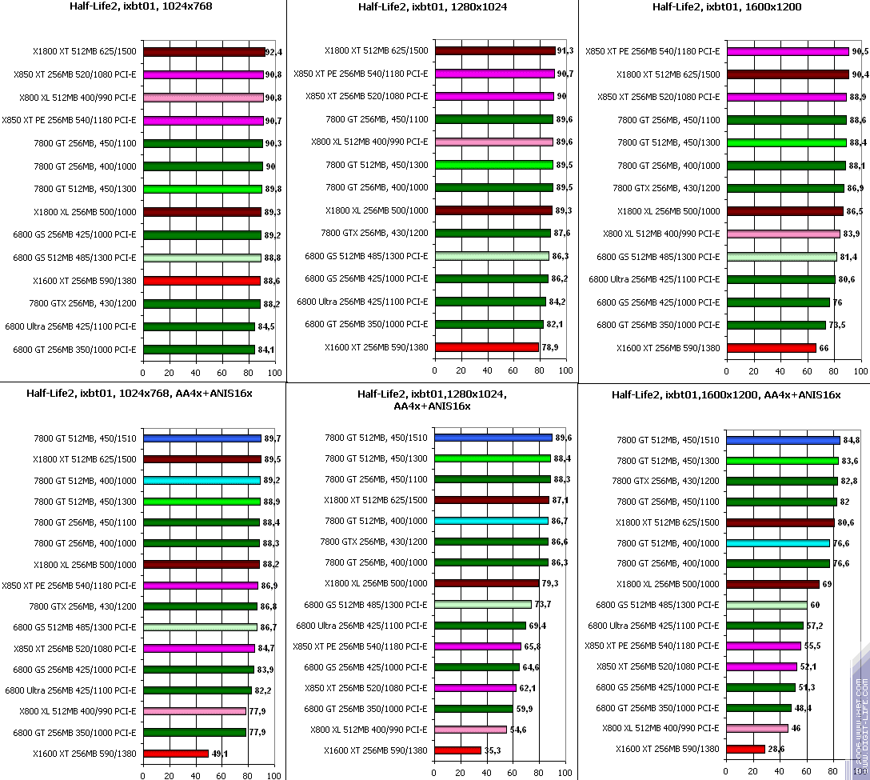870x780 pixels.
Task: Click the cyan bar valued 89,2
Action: [x=202, y=481]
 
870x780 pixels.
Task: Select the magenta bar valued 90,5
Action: [x=788, y=51]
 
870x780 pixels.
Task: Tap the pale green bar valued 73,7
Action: [x=483, y=605]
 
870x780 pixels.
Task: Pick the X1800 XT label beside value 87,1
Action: [x=376, y=500]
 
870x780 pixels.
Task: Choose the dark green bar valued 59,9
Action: [x=473, y=709]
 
